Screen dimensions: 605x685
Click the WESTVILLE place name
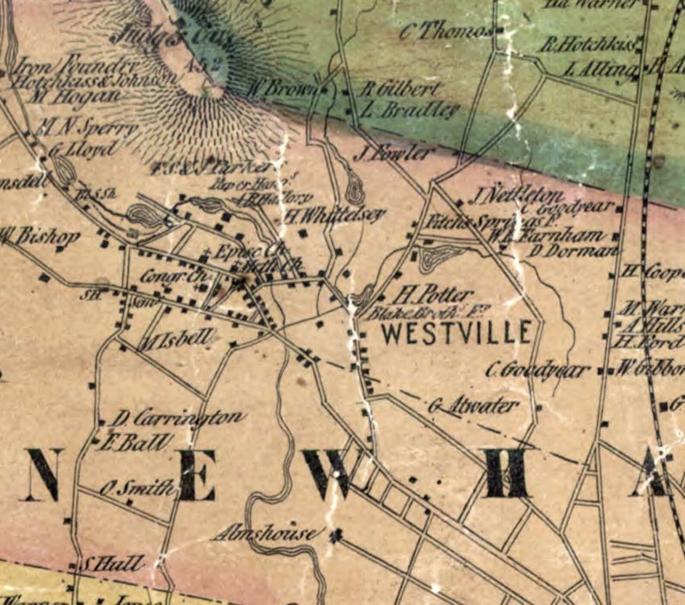[x=456, y=333]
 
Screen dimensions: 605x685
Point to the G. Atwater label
[x=473, y=406]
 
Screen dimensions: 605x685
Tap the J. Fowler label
[x=393, y=154]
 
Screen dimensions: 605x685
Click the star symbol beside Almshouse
[x=338, y=536]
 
